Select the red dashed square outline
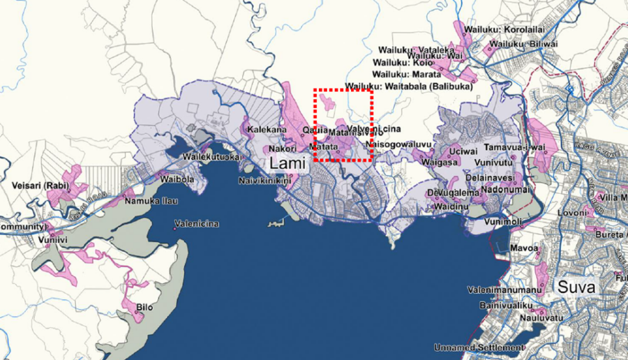tap(342, 90)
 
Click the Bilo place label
tap(144, 306)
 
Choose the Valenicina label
tap(201, 224)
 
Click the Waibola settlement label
tap(176, 179)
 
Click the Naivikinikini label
tap(266, 180)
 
